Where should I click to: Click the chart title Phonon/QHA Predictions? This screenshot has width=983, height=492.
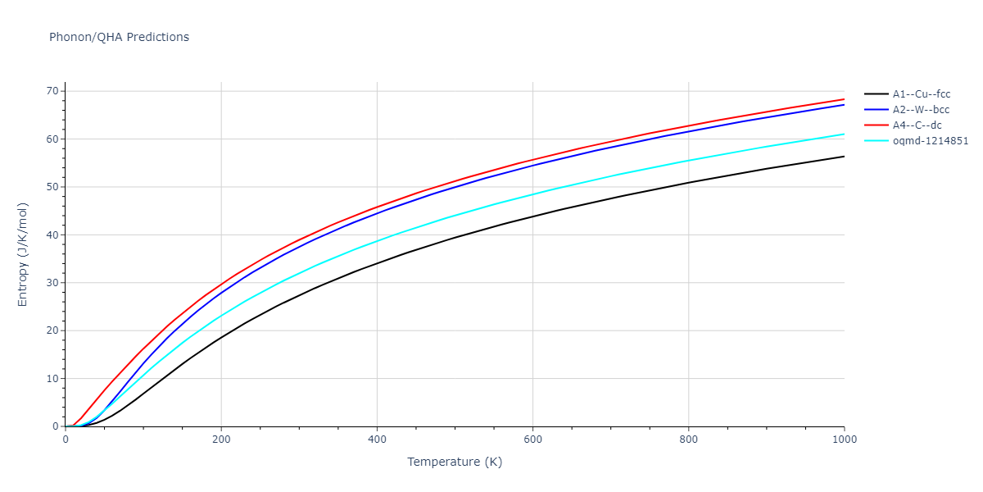[x=119, y=37]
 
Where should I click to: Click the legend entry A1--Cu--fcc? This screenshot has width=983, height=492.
[x=922, y=94]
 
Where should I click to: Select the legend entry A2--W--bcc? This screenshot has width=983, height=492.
[x=922, y=110]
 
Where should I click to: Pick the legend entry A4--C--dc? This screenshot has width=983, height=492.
[x=917, y=125]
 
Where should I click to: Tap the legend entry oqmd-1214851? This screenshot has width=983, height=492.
[x=931, y=141]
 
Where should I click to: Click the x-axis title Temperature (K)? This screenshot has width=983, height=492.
[x=455, y=462]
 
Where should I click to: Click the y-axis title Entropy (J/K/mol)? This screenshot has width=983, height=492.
[x=23, y=254]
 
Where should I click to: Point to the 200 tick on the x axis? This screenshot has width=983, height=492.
[x=221, y=440]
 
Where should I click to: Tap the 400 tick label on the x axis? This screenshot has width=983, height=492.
[x=377, y=440]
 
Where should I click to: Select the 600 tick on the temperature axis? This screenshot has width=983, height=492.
[x=532, y=440]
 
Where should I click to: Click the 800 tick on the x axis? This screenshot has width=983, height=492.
[x=688, y=440]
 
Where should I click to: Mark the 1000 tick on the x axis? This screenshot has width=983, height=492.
[x=844, y=440]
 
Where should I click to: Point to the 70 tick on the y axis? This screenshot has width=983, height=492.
[x=52, y=91]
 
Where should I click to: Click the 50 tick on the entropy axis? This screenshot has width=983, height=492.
[x=52, y=187]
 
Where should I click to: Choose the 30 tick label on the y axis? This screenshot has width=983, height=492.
[x=52, y=283]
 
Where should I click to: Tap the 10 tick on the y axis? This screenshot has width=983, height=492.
[x=52, y=379]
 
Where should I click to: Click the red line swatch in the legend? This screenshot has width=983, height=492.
[x=876, y=125]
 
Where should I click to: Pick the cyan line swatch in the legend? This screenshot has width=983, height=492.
[x=876, y=141]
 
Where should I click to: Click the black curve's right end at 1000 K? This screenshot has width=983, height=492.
[x=844, y=157]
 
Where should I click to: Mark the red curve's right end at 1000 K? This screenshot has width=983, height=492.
[x=844, y=99]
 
